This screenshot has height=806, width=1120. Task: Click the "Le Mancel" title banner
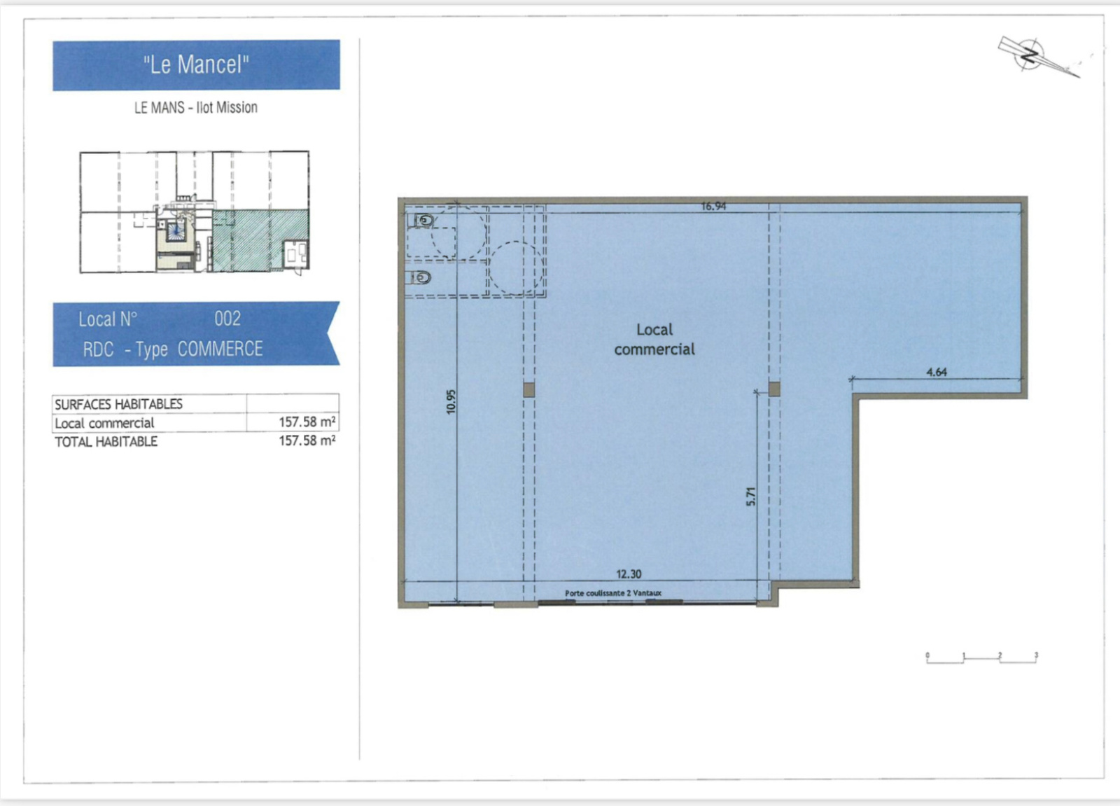coord(196,65)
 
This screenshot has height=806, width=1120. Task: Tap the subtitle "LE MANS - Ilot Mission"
coord(196,108)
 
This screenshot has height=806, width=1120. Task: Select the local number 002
coord(227,319)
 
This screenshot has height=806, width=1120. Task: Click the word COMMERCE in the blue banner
coord(220,349)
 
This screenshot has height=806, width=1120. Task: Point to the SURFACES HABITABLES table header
coord(118,404)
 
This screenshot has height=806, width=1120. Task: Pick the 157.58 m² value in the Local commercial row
coord(307,422)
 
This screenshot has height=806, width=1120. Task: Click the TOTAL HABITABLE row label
coord(106,442)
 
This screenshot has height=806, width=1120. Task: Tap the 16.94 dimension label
coord(713,206)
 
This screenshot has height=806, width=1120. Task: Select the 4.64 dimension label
coord(937,372)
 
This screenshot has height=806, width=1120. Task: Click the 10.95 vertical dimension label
coord(451,401)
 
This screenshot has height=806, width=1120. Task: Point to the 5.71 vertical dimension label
coord(750,496)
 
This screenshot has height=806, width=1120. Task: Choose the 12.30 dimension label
coord(629,574)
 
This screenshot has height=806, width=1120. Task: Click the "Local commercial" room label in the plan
coord(654,339)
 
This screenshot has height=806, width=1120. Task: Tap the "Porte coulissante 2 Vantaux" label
coord(613,593)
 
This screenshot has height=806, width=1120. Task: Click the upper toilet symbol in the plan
coord(423,220)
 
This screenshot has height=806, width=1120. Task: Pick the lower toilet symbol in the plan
coord(420,277)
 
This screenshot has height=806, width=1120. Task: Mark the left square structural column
coord(529,389)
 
